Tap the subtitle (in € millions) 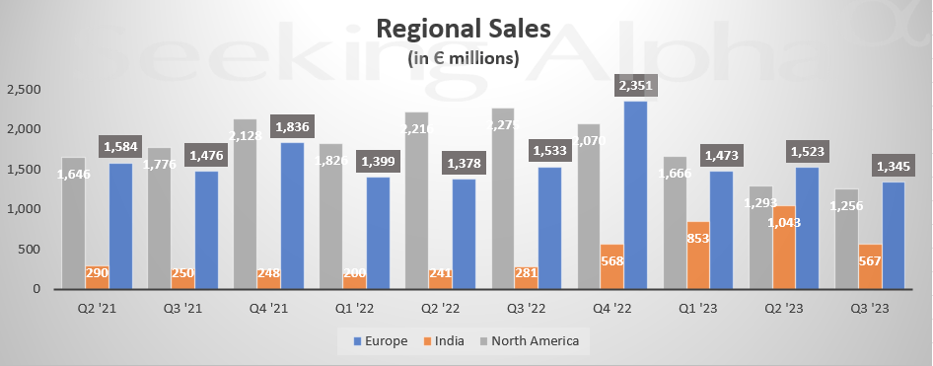click(464, 58)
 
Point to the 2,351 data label click(633, 85)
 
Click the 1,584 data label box click(118, 147)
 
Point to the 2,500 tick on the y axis click(24, 90)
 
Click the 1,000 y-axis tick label click(24, 209)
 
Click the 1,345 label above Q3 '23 click(892, 166)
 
